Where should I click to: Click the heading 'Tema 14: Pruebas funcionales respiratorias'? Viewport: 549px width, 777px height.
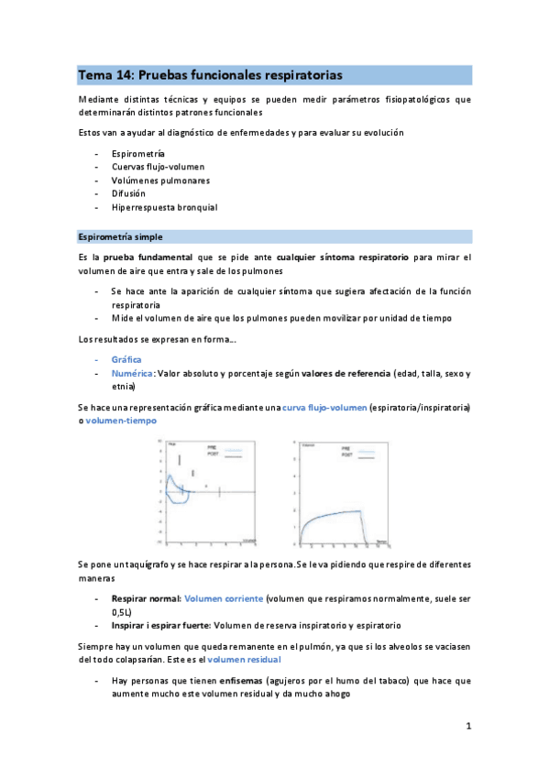210,74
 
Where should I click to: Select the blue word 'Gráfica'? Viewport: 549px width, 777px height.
126,359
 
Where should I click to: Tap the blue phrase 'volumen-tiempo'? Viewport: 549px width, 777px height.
122,420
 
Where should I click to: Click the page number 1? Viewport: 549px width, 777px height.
467,727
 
